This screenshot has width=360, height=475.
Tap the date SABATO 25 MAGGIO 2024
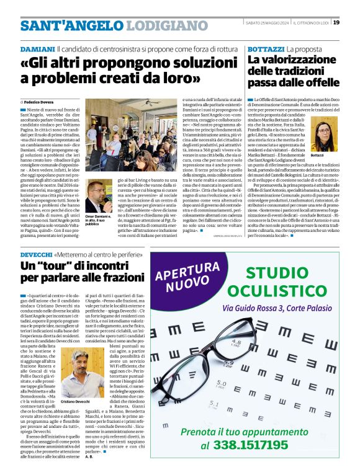(263, 23)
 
